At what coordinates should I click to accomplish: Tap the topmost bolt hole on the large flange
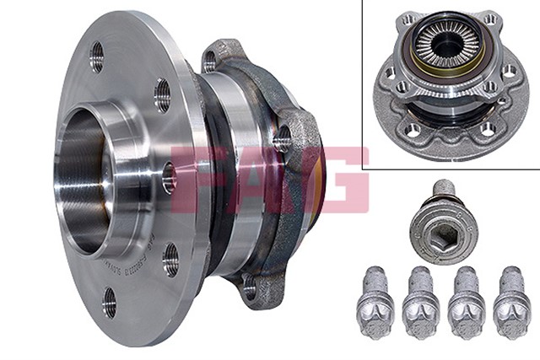96,56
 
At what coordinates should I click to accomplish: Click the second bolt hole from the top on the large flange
162,95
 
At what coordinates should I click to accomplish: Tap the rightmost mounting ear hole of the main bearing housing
282,138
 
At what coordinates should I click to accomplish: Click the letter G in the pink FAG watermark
337,179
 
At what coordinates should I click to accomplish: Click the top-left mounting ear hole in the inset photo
408,19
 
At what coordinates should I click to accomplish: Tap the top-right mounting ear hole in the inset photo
489,19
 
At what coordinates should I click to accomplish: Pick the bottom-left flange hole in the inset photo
413,129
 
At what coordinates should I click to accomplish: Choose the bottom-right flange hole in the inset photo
487,128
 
